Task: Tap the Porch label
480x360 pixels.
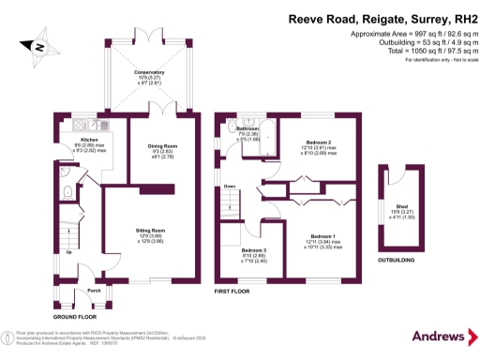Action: coord(94,290)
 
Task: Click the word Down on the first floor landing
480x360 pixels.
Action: coord(230,187)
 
